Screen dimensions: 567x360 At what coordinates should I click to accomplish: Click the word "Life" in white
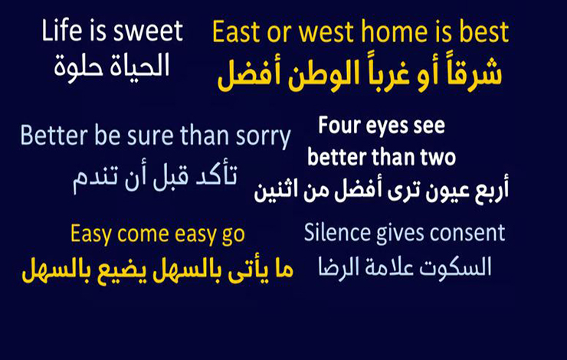coord(62,31)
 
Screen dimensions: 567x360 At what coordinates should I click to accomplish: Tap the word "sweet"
coord(148,31)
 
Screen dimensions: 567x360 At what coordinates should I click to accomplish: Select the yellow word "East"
coord(237,32)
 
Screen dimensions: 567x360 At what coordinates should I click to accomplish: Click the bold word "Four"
coord(339,126)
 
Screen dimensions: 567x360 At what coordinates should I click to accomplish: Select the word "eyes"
coord(387,127)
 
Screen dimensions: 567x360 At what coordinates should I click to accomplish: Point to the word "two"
coord(438,158)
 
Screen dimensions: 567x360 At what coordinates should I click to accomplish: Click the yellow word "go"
coord(233,236)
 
